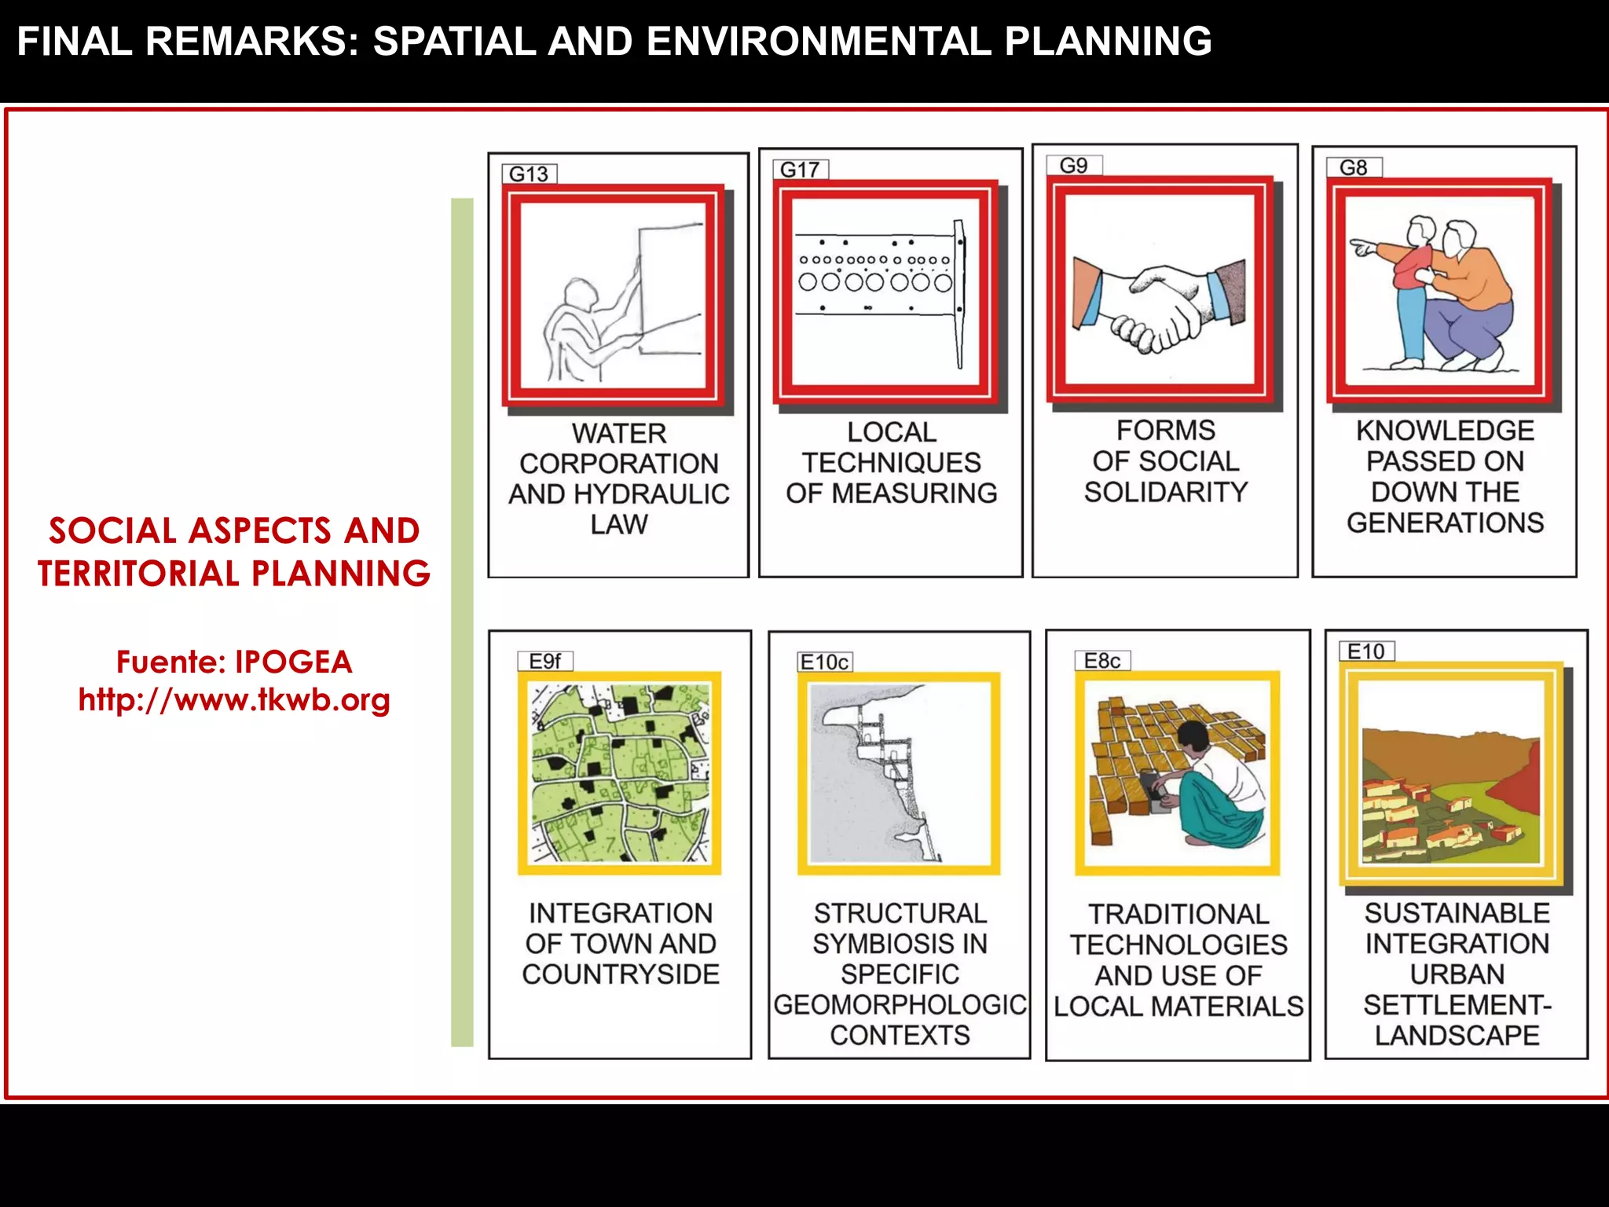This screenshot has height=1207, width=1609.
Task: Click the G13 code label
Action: [529, 174]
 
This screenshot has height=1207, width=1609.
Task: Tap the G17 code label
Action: [800, 169]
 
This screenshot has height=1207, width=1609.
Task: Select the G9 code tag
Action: [1073, 166]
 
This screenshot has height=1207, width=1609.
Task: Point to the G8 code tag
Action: [1353, 167]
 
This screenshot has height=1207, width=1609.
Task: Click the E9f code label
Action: [544, 662]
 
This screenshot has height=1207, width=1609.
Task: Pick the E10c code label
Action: [823, 662]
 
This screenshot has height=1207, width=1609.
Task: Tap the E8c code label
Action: [1101, 661]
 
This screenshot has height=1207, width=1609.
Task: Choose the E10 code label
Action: [1365, 651]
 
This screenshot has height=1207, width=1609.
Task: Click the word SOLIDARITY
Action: [1166, 492]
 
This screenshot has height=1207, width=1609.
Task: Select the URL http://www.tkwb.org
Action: [234, 699]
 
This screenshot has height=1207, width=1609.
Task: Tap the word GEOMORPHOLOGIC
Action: [900, 1004]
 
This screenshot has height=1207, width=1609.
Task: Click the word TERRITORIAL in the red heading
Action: [139, 574]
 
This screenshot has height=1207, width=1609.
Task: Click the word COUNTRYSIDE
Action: [621, 974]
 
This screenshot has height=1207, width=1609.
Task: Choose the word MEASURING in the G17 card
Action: [914, 493]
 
